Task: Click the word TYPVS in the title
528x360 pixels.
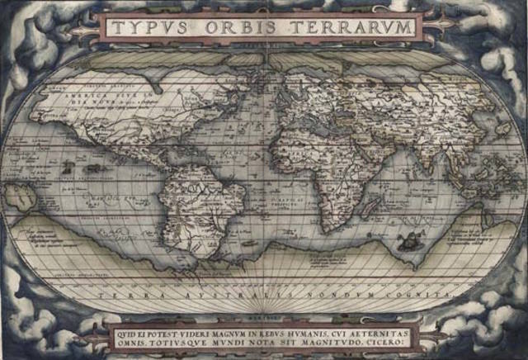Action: [146, 28]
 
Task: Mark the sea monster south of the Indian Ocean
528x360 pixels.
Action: [407, 242]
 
